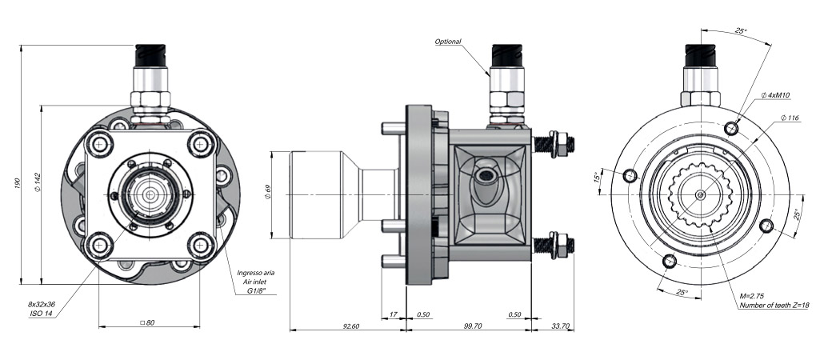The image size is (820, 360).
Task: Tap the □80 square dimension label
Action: coord(146,323)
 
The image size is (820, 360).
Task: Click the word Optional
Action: coord(449,42)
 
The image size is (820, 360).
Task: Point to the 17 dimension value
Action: coord(393,314)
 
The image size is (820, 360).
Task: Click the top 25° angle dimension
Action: coord(740,31)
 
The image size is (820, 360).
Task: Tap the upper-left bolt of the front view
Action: coord(101,144)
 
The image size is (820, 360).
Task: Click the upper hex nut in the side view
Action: coord(560,143)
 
